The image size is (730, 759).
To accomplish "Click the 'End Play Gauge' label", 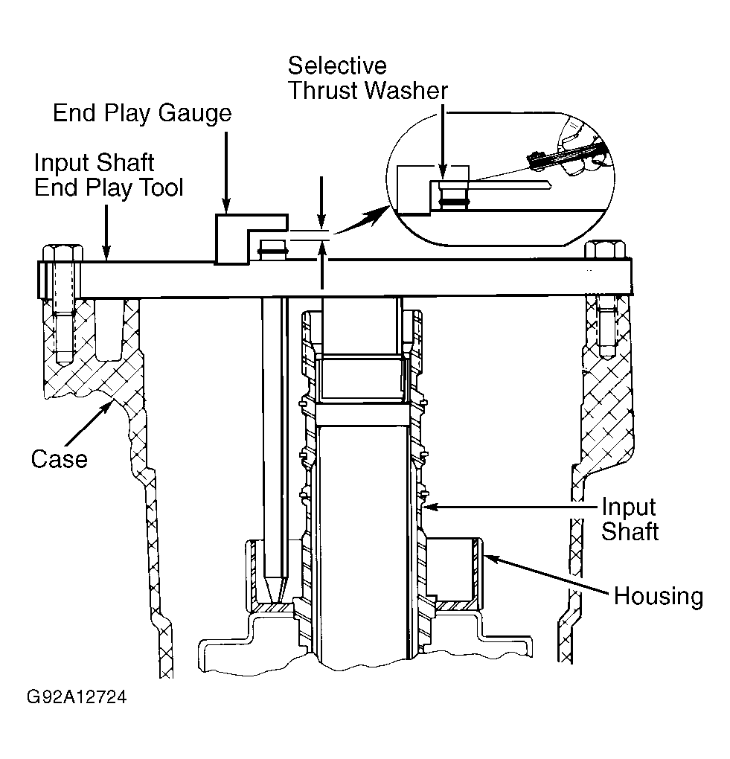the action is (x=142, y=114).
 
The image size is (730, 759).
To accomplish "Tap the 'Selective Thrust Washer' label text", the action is (x=368, y=78).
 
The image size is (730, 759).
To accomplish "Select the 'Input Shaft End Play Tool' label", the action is (x=109, y=175).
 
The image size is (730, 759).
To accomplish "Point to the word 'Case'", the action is (x=59, y=459).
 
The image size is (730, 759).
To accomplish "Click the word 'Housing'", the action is (x=659, y=596).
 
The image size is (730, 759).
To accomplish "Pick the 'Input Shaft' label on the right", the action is (x=630, y=519).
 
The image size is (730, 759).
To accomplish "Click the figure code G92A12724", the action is (x=77, y=697).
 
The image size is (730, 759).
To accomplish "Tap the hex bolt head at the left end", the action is (x=63, y=253).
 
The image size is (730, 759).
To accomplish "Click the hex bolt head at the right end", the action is (x=605, y=250).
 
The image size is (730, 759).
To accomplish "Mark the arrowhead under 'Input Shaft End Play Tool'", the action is (x=107, y=252).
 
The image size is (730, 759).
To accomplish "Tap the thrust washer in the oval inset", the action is (x=454, y=200).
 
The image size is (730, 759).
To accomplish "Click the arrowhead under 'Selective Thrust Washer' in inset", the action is (x=443, y=172).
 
